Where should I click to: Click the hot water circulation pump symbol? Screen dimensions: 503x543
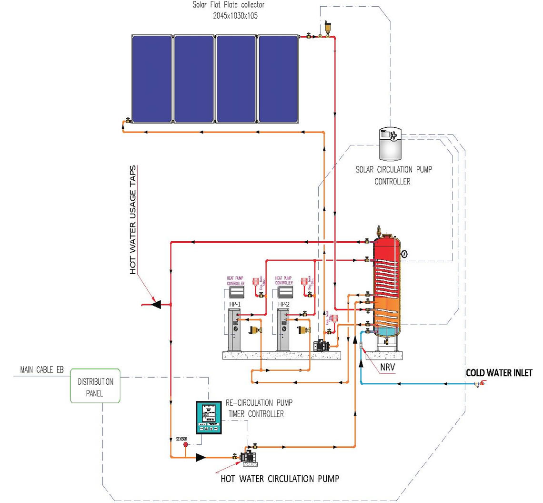(249, 456)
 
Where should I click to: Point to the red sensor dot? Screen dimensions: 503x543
(187, 444)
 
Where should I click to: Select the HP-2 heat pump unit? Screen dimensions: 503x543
(284, 329)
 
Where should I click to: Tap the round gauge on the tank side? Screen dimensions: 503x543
(404, 254)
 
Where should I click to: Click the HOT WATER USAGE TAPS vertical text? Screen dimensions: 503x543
(133, 220)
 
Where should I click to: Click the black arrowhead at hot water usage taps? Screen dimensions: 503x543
(156, 304)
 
